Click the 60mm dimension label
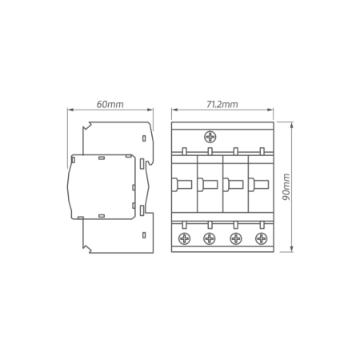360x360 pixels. point(110,105)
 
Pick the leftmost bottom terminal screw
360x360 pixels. point(184,238)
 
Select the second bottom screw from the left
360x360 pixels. point(210,238)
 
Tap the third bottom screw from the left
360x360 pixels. point(235,238)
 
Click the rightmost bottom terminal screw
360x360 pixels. point(261,238)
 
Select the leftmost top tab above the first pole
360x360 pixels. point(184,151)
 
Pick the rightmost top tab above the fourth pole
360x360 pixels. point(261,151)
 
